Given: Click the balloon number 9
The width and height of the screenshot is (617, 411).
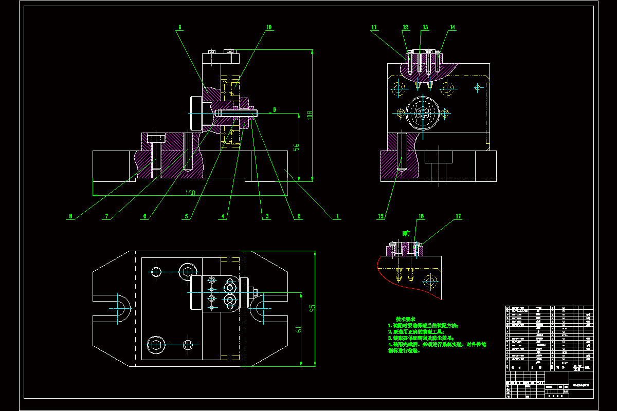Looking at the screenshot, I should pyautogui.click(x=180, y=27).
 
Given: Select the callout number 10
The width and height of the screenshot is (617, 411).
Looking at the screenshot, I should pyautogui.click(x=268, y=27).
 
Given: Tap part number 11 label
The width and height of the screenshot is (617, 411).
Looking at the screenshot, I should pyautogui.click(x=374, y=27).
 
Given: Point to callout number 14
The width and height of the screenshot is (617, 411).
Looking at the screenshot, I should pyautogui.click(x=452, y=27).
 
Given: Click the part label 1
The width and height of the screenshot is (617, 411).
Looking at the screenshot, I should pyautogui.click(x=338, y=216).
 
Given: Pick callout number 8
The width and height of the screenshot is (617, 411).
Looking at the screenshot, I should pyautogui.click(x=70, y=216).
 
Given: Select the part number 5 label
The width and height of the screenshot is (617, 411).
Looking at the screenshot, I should pyautogui.click(x=186, y=216).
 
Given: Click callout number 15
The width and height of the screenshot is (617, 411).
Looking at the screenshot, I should pyautogui.click(x=381, y=216).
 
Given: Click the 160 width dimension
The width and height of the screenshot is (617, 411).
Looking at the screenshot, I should pyautogui.click(x=191, y=193).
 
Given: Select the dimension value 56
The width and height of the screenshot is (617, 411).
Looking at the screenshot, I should pyautogui.click(x=297, y=147).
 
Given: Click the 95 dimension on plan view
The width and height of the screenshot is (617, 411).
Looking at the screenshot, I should pyautogui.click(x=312, y=308).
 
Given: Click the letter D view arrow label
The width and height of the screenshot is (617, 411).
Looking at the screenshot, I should pyautogui.click(x=275, y=109).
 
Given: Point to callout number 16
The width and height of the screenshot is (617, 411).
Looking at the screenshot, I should pyautogui.click(x=421, y=217).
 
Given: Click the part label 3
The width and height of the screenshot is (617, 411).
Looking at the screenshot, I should pyautogui.click(x=267, y=216).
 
